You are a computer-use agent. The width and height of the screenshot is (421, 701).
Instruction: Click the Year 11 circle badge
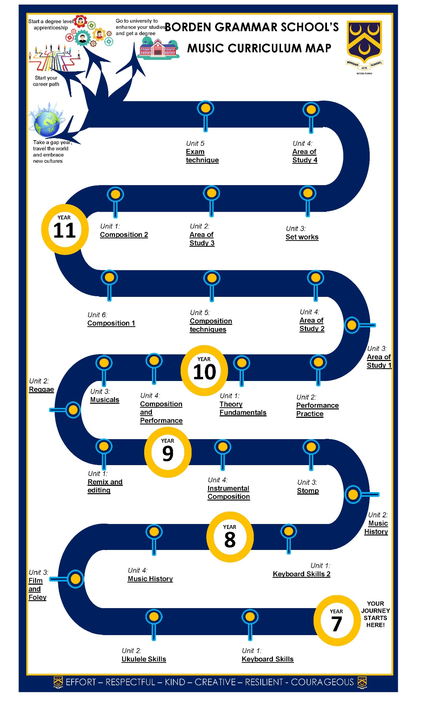pos(65,230)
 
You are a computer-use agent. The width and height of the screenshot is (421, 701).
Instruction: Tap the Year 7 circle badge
pos(337,620)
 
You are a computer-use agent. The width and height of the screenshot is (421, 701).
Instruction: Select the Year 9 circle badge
pos(168,452)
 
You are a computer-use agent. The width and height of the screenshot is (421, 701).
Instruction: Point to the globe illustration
pos(47,123)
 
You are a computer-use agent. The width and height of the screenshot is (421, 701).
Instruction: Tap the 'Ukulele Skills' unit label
pos(144,659)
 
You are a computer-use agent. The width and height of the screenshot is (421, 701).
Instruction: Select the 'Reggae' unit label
pos(41,389)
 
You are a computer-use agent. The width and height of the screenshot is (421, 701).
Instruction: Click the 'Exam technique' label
pos(202,156)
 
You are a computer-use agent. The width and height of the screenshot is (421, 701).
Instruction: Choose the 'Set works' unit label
pos(302,237)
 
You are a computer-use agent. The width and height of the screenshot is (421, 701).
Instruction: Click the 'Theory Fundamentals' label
pos(243,408)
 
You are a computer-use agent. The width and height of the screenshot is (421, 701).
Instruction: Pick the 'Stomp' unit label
pos(308,491)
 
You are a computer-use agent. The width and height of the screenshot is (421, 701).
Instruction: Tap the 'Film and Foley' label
pos(37,589)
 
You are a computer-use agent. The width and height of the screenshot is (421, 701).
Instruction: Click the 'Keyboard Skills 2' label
pos(302,574)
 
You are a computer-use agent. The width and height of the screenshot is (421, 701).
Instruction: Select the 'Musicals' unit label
pos(105,400)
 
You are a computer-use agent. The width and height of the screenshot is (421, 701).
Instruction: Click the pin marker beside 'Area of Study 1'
pos(352,325)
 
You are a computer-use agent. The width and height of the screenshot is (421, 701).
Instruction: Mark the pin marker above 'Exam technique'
pos(206,109)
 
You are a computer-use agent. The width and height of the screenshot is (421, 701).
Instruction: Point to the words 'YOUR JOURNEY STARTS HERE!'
pos(375,614)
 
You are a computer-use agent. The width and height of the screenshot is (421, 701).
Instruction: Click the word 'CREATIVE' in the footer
pos(215,682)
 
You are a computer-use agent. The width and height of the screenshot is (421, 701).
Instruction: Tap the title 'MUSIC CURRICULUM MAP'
pos(259,48)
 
